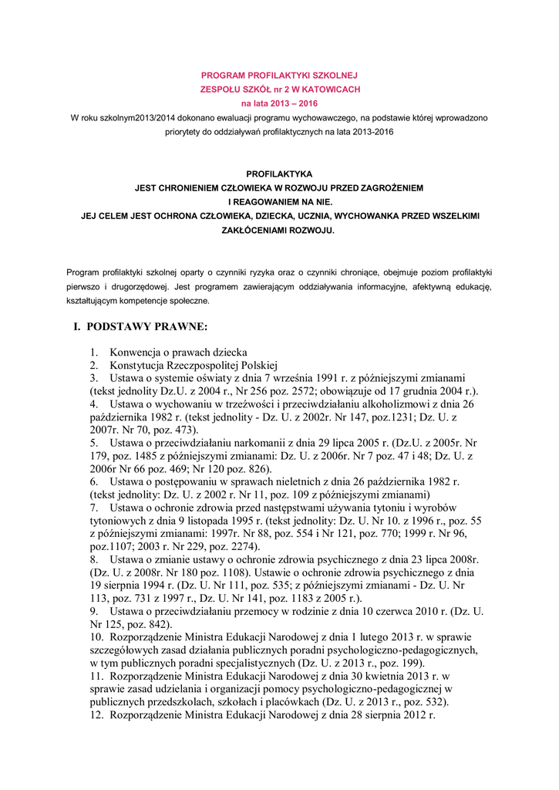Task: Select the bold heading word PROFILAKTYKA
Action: click(279, 174)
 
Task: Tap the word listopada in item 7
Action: click(212, 522)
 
